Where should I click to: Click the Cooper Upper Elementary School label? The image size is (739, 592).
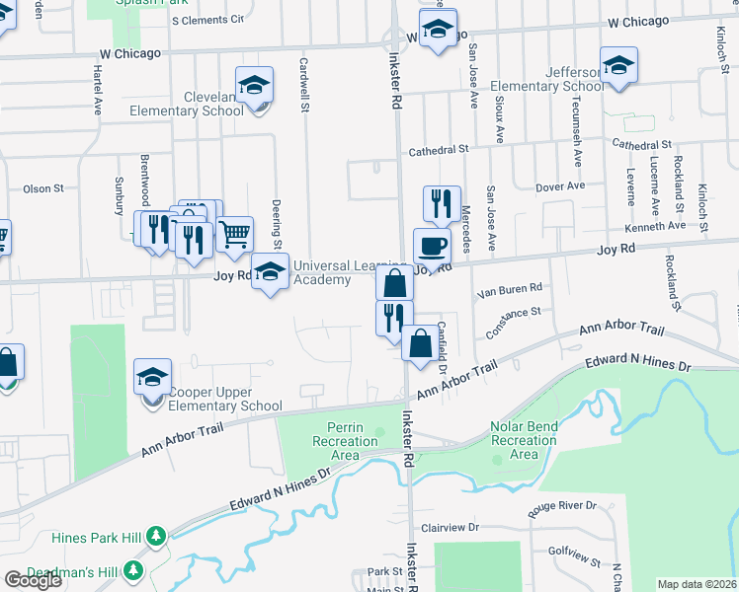point(225,399)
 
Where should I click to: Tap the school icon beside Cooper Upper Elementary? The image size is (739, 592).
point(152,378)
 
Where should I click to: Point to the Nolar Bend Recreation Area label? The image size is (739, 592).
point(525,440)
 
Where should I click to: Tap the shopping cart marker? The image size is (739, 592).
point(235,235)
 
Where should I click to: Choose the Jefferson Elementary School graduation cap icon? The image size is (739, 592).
point(618,65)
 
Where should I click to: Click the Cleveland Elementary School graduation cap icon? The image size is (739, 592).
point(254,85)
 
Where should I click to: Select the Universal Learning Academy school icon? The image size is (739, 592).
point(270,272)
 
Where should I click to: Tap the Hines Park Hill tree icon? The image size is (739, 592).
point(155,535)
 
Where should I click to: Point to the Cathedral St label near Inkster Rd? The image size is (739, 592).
point(436,149)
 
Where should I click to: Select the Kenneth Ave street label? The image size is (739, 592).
point(661,226)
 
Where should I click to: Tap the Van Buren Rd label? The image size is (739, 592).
point(510,289)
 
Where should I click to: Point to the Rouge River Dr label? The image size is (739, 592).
point(563,506)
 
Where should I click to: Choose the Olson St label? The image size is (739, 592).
point(42,187)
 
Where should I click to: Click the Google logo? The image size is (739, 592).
point(33,579)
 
